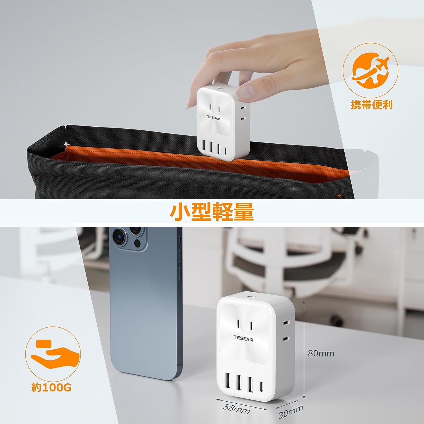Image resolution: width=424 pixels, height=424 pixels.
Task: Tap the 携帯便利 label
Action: coord(371,105)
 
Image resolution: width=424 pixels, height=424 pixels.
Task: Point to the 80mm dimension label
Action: coord(321,353)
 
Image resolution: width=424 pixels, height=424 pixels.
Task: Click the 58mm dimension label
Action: coord(236,409)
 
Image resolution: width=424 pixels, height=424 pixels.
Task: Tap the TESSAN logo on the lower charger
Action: coord(243,338)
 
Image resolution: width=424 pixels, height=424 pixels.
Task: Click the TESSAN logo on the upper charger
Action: coord(213,118)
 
